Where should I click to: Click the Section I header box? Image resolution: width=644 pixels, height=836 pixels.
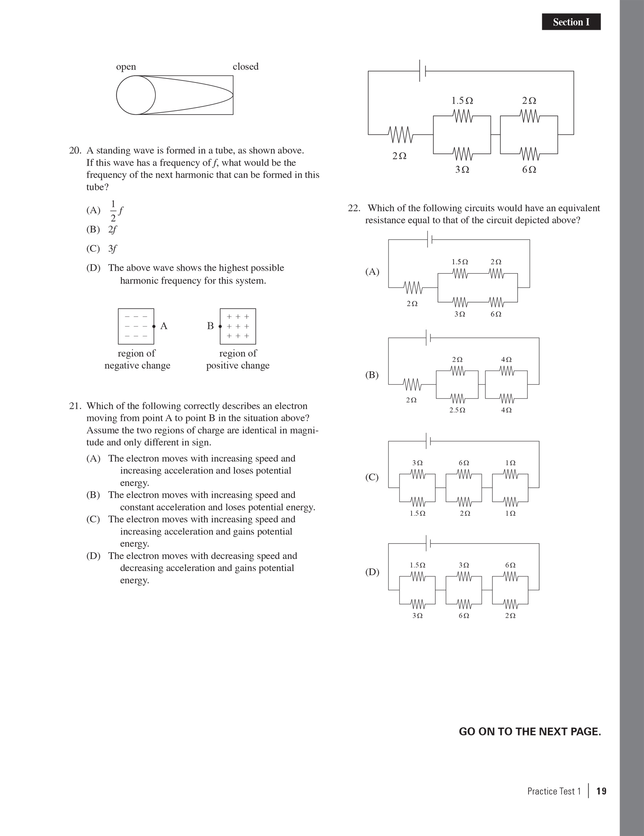click(x=571, y=22)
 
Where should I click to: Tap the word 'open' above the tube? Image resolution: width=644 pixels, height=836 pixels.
click(x=126, y=67)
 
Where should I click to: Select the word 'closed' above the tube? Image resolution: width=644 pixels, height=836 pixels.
click(x=245, y=67)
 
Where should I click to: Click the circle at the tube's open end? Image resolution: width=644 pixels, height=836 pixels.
click(x=136, y=95)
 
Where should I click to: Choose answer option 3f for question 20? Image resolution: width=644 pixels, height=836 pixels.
click(x=112, y=249)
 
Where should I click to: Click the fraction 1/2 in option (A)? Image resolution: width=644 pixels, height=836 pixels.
click(x=113, y=211)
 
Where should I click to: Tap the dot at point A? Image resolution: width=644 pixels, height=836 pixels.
click(x=154, y=326)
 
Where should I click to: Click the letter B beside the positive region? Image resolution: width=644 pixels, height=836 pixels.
click(x=210, y=326)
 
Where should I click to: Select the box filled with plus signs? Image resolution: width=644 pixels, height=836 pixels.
click(x=238, y=326)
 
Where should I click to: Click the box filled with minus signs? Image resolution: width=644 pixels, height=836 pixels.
click(x=136, y=326)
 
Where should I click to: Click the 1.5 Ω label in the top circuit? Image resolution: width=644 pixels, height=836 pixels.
click(x=462, y=101)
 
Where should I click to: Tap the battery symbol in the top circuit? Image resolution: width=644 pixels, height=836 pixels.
click(x=423, y=71)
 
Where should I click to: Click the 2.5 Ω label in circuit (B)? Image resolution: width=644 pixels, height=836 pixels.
click(x=457, y=410)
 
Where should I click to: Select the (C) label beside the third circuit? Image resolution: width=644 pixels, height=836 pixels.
click(x=372, y=477)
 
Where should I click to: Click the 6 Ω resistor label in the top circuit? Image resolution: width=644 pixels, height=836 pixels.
click(x=529, y=170)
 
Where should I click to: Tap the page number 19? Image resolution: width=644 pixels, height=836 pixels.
click(x=601, y=791)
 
